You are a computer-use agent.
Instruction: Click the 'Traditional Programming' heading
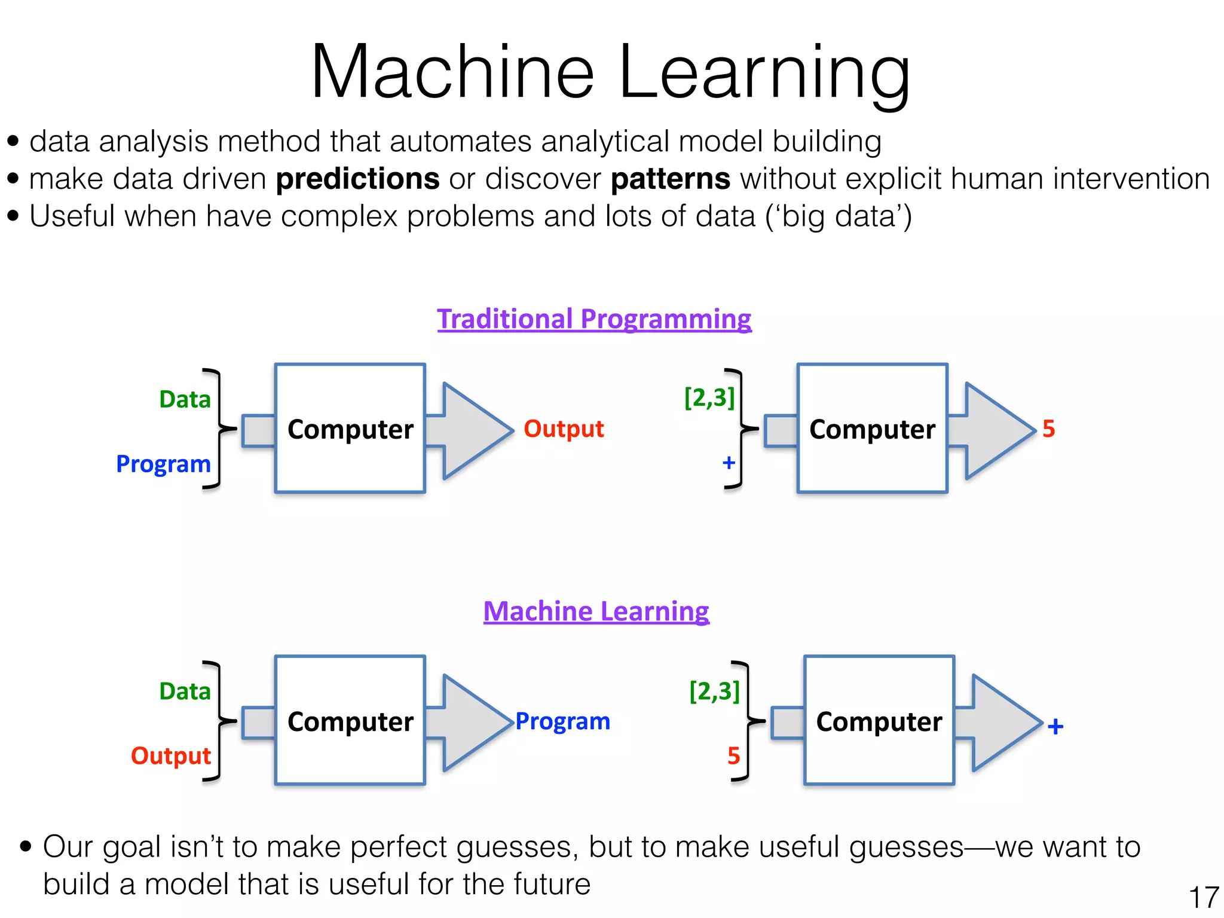point(594,319)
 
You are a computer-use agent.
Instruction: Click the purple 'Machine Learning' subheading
point(596,611)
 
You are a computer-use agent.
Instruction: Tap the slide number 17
point(1203,897)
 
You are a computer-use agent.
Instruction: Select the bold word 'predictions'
point(357,179)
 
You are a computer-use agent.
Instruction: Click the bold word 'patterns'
point(670,179)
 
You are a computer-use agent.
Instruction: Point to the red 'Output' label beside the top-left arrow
point(564,429)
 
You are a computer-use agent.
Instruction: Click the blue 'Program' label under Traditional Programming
point(163,464)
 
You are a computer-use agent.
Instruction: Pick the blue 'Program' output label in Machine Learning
point(562,721)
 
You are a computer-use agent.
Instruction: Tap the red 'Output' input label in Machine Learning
point(171,755)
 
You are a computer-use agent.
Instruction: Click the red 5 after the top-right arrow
point(1048,429)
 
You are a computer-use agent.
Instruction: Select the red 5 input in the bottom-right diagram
point(733,756)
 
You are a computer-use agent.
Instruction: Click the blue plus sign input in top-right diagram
point(729,463)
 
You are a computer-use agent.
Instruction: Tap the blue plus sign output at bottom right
point(1055,726)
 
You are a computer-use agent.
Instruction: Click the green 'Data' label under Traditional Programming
point(185,399)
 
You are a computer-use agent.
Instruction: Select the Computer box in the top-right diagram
point(872,429)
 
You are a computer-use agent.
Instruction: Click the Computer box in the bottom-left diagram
point(350,721)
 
